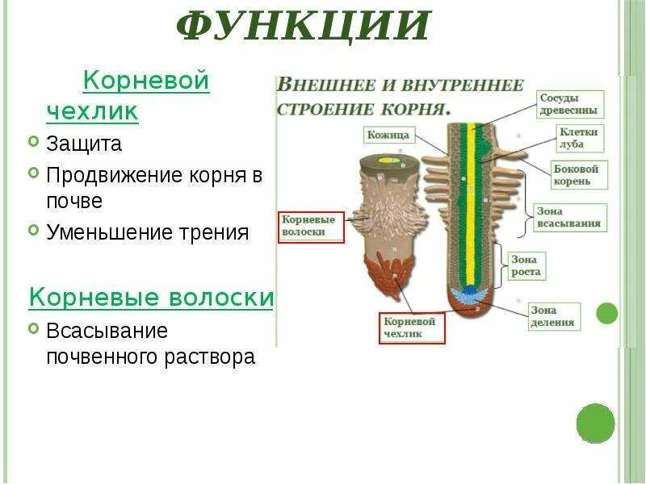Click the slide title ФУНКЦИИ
point(303,26)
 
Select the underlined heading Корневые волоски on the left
point(151,297)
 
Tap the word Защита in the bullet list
point(84,144)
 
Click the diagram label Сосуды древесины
point(568,102)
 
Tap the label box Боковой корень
point(576,174)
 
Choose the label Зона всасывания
point(568,217)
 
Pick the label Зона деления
point(552,316)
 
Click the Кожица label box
point(389,136)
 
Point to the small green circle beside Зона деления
point(606,313)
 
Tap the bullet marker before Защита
point(33,144)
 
